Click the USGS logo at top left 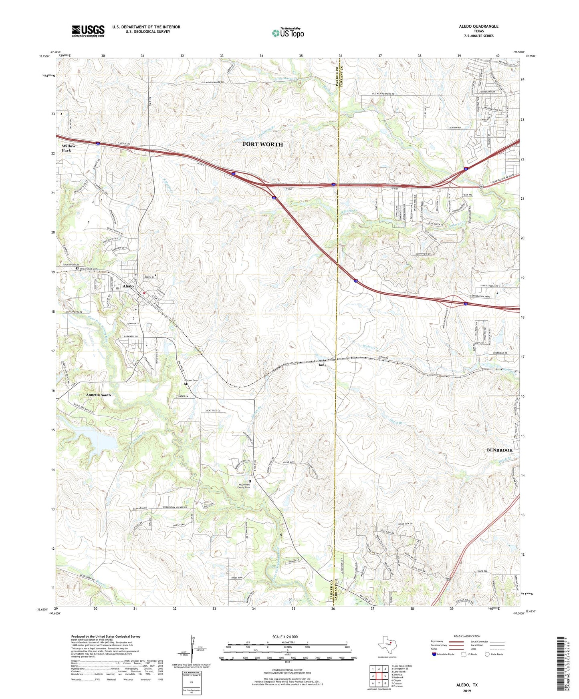coord(88,31)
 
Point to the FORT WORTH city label coord(262,145)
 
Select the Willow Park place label coord(69,148)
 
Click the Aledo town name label coord(128,286)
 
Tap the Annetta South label coord(98,395)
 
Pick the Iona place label coord(322,365)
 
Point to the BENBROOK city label coord(499,450)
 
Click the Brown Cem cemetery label coord(191,380)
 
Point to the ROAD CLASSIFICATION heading coord(467,636)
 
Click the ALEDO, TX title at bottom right coord(467,685)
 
